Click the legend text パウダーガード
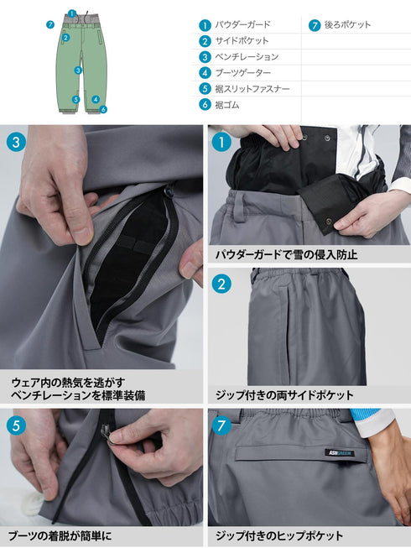click(242, 25)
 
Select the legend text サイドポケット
click(242, 41)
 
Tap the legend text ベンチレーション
click(247, 57)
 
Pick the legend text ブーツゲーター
click(242, 73)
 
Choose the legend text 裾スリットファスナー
click(253, 89)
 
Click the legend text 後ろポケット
click(347, 25)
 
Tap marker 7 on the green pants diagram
click(50, 25)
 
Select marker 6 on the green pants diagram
click(103, 108)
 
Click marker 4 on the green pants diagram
click(96, 99)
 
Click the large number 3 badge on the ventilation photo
click(18, 141)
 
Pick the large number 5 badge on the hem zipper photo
click(18, 425)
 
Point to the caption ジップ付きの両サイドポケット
click(285, 394)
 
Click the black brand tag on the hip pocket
click(340, 454)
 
